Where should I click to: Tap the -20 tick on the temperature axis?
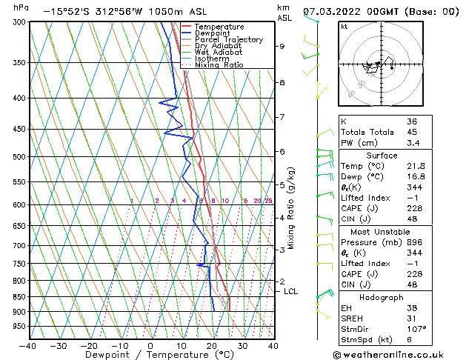[x=89, y=345]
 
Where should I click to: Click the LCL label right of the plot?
[x=291, y=292]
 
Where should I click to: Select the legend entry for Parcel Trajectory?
[x=228, y=40]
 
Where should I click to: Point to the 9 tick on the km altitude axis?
[x=282, y=47]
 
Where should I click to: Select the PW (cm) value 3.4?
[x=413, y=143]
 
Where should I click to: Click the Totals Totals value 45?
[x=413, y=132]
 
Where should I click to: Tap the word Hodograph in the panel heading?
[x=382, y=297]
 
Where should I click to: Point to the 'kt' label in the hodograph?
[x=344, y=27]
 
